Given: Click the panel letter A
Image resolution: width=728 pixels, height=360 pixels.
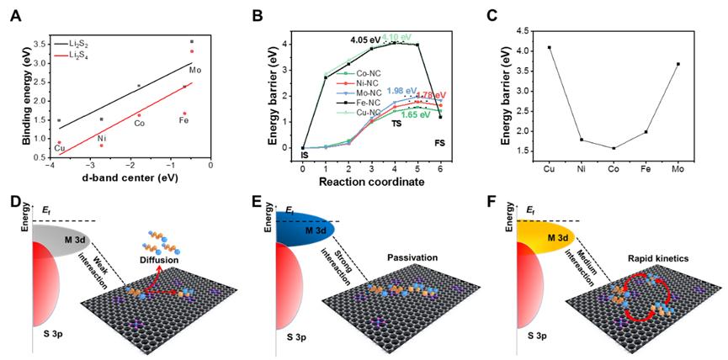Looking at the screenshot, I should point(12,12).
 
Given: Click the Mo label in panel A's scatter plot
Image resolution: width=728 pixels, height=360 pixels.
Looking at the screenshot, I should point(195,69).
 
